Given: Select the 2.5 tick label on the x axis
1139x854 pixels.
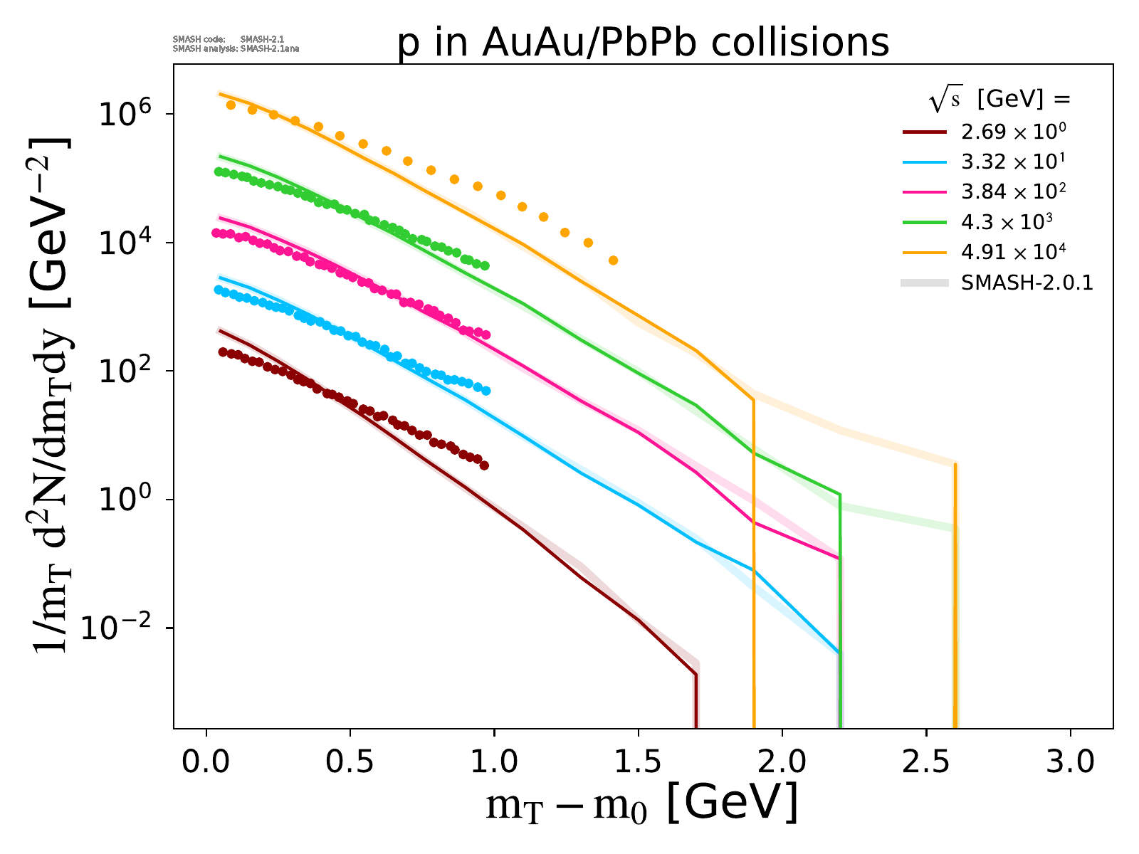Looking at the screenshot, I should point(925,762).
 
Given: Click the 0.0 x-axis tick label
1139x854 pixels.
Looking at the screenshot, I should point(206,762).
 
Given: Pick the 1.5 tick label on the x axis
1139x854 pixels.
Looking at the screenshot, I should point(638,762).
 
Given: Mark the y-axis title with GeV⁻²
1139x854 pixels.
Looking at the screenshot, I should point(51,395).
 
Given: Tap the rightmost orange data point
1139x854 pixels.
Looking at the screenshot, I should point(613,260).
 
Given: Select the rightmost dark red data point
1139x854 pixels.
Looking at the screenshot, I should point(484,465).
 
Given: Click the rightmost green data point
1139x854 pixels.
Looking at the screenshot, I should point(485,265).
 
